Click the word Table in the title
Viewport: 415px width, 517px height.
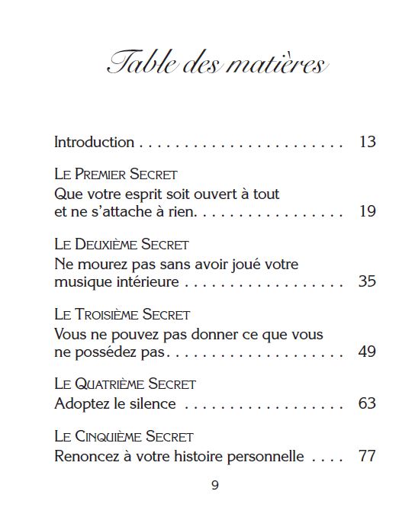tap(140, 63)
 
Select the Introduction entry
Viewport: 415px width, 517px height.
tap(94, 142)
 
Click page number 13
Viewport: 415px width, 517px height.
tap(367, 142)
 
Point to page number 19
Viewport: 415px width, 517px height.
tap(367, 211)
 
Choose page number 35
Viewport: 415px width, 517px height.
tap(367, 281)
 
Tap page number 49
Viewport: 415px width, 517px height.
tap(367, 351)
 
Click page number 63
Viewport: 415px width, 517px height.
tap(367, 403)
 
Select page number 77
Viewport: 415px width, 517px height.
tap(367, 457)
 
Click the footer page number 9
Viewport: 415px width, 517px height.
tap(214, 486)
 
